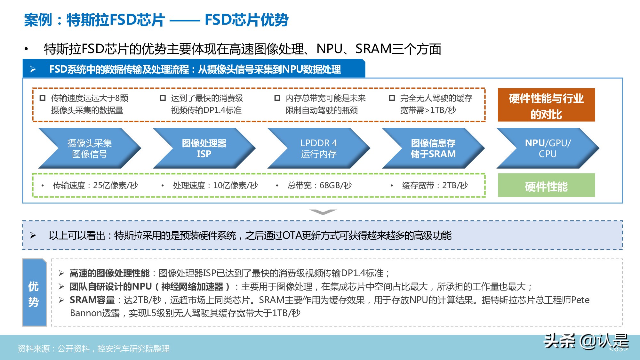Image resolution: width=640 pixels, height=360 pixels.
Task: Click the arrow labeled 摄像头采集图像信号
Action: tap(89, 148)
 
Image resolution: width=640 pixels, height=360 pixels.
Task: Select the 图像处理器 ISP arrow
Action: tap(204, 148)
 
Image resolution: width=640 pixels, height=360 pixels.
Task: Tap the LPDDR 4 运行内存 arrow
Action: tap(318, 148)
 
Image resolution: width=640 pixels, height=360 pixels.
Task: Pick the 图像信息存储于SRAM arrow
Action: tap(433, 148)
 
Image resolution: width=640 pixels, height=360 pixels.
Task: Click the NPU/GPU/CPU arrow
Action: tap(548, 148)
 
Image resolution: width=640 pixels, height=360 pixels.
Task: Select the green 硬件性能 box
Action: tap(546, 186)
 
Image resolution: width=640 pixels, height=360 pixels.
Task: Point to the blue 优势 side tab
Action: tap(34, 293)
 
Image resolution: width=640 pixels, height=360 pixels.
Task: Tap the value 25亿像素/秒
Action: tap(115, 186)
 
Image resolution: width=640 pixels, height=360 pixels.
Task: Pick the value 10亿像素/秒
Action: tap(235, 186)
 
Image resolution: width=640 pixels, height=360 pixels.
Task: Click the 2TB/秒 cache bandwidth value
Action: tap(455, 186)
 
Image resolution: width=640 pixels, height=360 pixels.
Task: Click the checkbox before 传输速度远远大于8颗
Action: tap(43, 98)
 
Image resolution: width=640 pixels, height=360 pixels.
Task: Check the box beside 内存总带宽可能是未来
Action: tap(277, 98)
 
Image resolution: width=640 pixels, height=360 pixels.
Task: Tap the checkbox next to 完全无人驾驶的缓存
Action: tap(392, 98)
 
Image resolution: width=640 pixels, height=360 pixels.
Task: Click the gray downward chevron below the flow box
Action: tap(323, 212)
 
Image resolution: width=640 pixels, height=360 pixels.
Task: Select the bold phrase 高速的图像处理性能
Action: tap(109, 273)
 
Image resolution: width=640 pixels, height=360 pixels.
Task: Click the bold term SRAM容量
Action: tap(92, 300)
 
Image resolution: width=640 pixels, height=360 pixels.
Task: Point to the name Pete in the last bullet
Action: tap(580, 300)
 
